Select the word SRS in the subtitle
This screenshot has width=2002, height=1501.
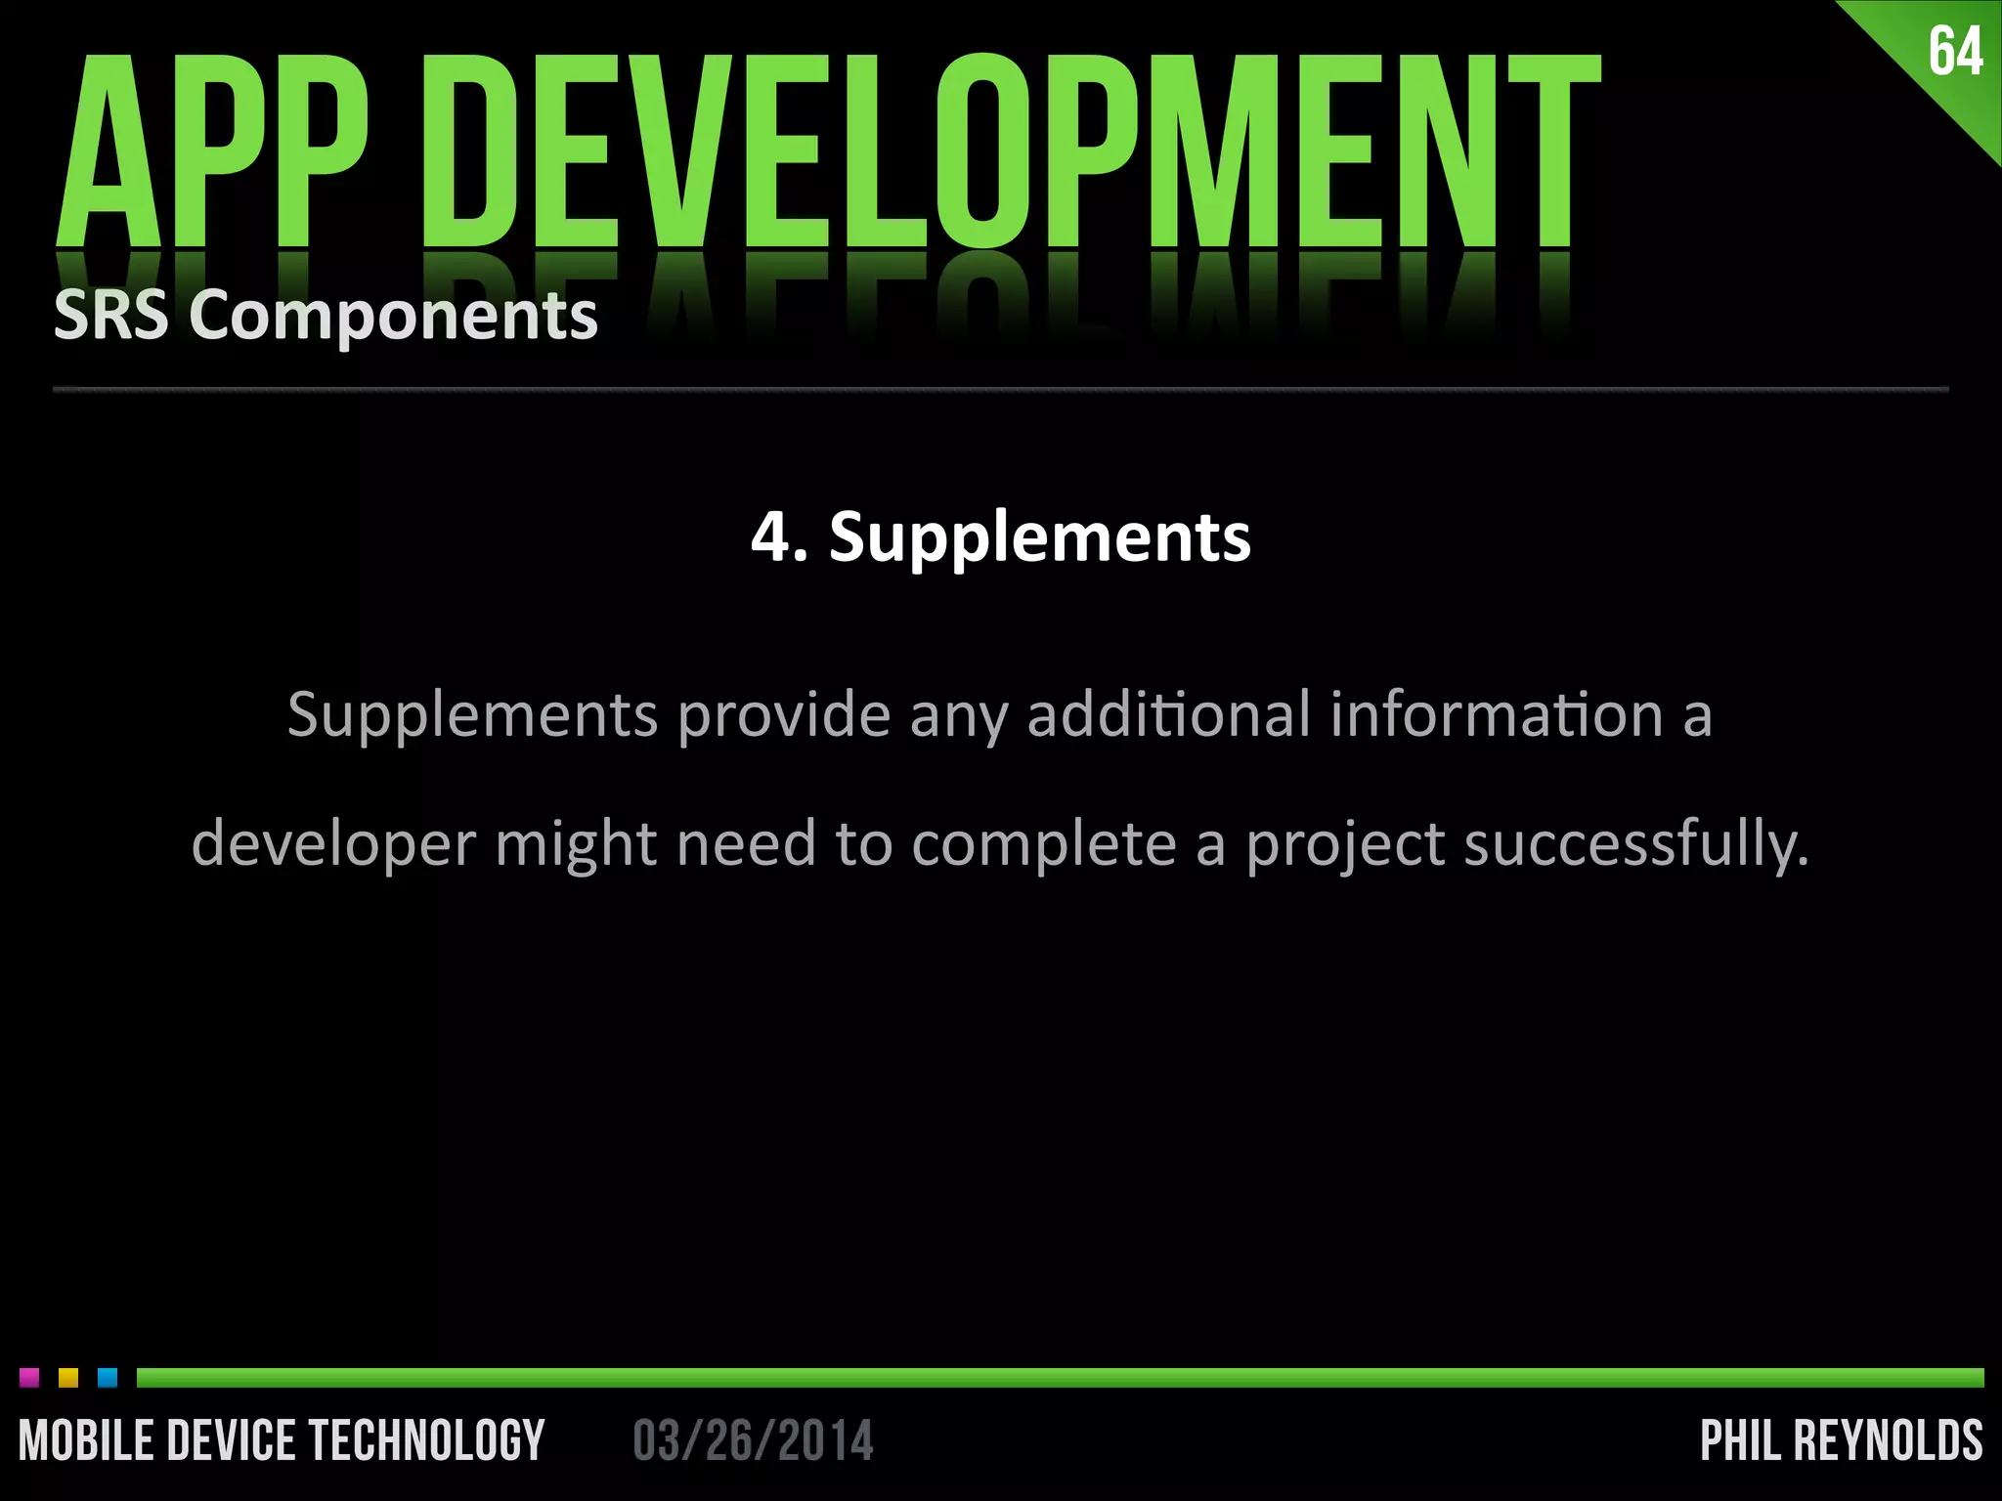110,316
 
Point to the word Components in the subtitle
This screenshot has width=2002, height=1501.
393,318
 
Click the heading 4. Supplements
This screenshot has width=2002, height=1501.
1000,537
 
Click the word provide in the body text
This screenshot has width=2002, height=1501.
784,715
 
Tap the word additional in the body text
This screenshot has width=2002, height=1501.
1168,713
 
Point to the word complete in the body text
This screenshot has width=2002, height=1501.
1044,843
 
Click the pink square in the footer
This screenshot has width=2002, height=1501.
29,1378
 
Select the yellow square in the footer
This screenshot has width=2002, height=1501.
68,1378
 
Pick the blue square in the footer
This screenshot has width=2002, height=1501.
108,1378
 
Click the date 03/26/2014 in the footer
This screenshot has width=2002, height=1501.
753,1441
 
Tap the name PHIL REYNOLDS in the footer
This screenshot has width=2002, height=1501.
1842,1441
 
